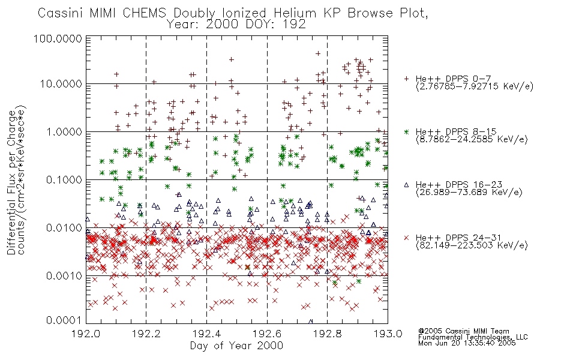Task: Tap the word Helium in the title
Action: [x=295, y=13]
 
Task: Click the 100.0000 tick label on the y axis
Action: [x=58, y=38]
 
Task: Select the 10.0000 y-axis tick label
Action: [x=61, y=84]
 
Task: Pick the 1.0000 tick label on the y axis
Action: [x=64, y=131]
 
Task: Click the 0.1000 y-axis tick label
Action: [x=64, y=179]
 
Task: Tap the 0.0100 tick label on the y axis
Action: [x=64, y=228]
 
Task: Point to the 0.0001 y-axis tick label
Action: [x=64, y=320]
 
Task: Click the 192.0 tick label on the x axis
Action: [x=86, y=334]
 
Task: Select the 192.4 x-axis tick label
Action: [x=207, y=334]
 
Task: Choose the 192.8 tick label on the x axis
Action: [x=328, y=334]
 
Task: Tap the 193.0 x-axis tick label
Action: [x=388, y=334]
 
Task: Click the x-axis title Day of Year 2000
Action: [x=236, y=346]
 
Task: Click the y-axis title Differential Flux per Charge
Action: [x=11, y=182]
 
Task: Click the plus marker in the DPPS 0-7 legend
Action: [x=406, y=79]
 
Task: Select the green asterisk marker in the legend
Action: [x=406, y=131]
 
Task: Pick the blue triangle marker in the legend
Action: [x=406, y=185]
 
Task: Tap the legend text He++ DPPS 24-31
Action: [x=458, y=238]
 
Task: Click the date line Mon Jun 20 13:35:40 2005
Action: [x=467, y=343]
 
